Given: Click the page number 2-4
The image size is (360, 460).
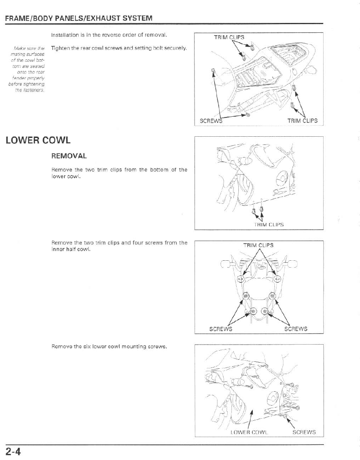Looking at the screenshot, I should pos(13,452).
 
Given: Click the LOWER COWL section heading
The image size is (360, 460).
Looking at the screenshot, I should pos(38,140).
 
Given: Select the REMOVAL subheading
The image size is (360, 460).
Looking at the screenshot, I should pos(69,156).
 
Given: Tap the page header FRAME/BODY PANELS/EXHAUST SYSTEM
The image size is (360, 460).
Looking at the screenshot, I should pos(79,18).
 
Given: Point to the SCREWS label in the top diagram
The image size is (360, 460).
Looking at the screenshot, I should pos(211,121).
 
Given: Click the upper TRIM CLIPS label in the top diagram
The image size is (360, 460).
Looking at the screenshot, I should pos(229,38).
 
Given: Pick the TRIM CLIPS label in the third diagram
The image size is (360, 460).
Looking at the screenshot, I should pos(258,245).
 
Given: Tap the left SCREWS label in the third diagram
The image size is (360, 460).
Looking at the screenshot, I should pos(221,329).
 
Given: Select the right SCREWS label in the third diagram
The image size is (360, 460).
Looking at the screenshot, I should pos(296,329).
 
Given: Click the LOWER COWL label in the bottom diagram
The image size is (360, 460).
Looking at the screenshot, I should pos(249,432).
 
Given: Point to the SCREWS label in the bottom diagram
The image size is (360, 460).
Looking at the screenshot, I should pos(304,432).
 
